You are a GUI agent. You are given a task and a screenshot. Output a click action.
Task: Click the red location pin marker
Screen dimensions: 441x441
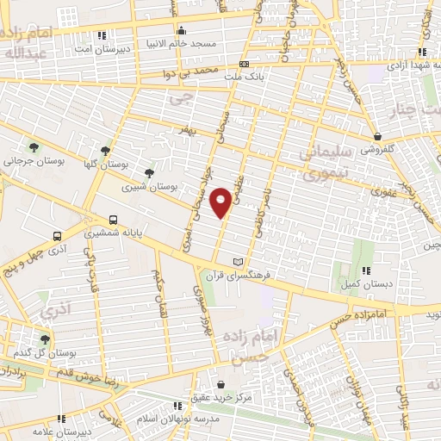tap(222, 202)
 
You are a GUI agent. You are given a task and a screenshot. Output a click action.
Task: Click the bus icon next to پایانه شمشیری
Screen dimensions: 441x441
tap(114, 220)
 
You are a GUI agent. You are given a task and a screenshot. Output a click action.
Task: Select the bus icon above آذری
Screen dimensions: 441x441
tap(58, 235)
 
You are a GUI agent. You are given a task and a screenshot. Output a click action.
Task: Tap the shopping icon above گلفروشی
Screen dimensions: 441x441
tap(377, 135)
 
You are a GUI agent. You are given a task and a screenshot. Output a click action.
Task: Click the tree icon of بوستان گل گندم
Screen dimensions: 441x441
tap(45, 340)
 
